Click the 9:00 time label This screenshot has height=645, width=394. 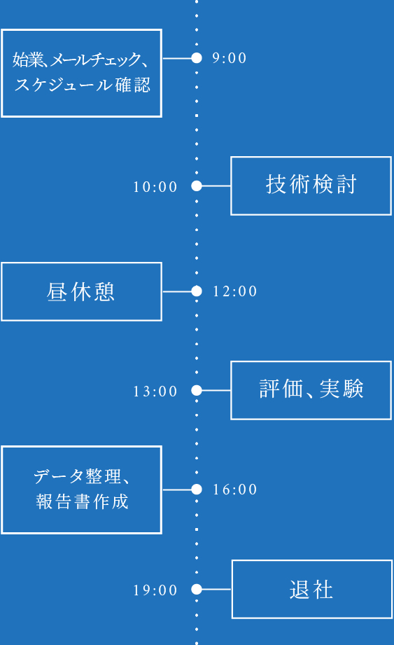click(x=230, y=58)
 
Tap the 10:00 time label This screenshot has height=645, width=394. click(x=155, y=187)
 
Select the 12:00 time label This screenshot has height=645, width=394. click(x=235, y=291)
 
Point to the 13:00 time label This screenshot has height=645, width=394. click(x=155, y=391)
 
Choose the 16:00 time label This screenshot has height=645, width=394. click(x=235, y=490)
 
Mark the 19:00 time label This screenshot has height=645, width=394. click(x=155, y=590)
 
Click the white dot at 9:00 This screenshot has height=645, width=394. click(x=197, y=58)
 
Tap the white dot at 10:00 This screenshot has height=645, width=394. click(x=197, y=186)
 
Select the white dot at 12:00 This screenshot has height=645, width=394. click(x=197, y=291)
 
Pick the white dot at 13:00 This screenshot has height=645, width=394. click(x=197, y=391)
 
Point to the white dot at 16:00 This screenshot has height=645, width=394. click(x=197, y=490)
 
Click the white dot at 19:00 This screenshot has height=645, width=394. click(x=197, y=590)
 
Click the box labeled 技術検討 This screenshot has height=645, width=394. click(x=311, y=186)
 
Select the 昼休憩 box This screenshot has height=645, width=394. click(x=81, y=291)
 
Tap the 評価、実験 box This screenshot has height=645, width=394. click(x=311, y=390)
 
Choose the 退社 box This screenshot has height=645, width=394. click(x=311, y=589)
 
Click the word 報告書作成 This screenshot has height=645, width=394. click(x=82, y=502)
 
